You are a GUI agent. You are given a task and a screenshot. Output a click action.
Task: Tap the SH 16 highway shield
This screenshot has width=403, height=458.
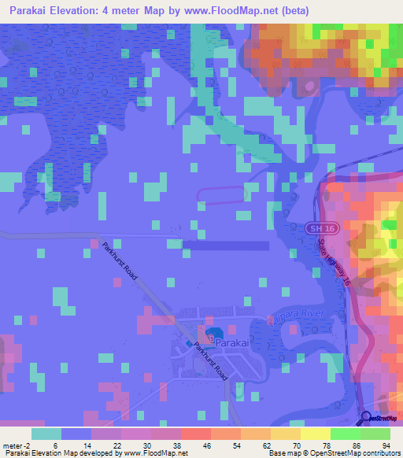314,227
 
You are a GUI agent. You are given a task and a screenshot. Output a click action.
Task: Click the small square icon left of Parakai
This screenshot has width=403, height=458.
187,345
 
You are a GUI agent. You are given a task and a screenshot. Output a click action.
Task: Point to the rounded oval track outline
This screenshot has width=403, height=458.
221,196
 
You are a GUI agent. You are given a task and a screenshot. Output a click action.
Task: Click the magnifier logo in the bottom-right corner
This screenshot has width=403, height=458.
366,418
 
